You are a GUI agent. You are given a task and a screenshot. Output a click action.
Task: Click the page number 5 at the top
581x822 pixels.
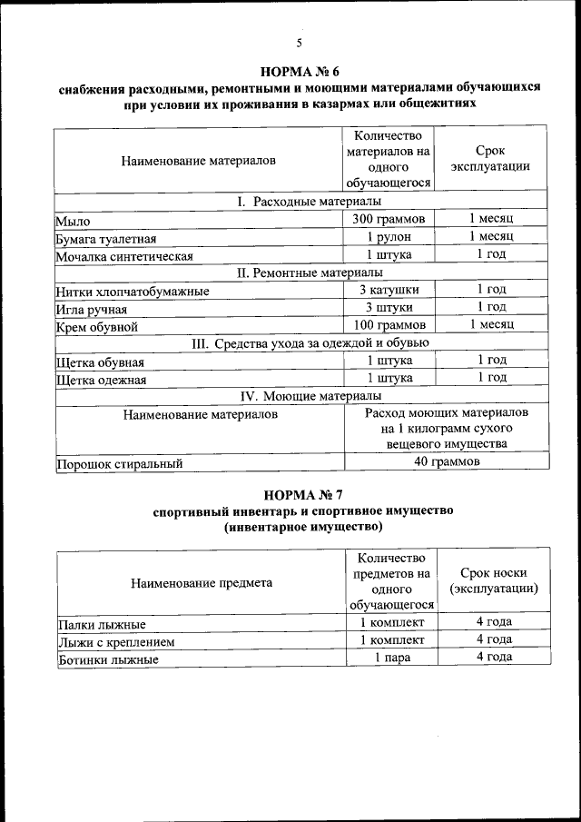pyautogui.click(x=298, y=43)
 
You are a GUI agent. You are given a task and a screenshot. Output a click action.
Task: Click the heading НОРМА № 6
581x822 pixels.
pyautogui.click(x=299, y=71)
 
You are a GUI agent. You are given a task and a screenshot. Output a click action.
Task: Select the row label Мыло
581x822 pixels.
pyautogui.click(x=73, y=221)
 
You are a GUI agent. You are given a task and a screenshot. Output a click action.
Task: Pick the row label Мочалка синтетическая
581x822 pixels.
pyautogui.click(x=124, y=256)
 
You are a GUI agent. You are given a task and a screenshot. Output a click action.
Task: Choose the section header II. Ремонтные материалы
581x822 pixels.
pyautogui.click(x=299, y=272)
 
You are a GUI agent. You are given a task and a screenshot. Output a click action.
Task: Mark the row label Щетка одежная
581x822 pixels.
pyautogui.click(x=101, y=379)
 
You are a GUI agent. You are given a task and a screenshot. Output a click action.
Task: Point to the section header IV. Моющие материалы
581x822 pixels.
pyautogui.click(x=299, y=396)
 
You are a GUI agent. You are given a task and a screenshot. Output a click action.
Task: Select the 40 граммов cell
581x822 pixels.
pyautogui.click(x=446, y=462)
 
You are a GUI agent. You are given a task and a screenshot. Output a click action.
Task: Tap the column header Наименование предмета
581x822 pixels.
pyautogui.click(x=201, y=583)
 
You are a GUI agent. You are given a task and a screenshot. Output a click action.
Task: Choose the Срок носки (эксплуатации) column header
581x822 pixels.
pyautogui.click(x=493, y=580)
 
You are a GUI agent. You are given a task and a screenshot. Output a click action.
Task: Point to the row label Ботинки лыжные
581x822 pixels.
pyautogui.click(x=107, y=660)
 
